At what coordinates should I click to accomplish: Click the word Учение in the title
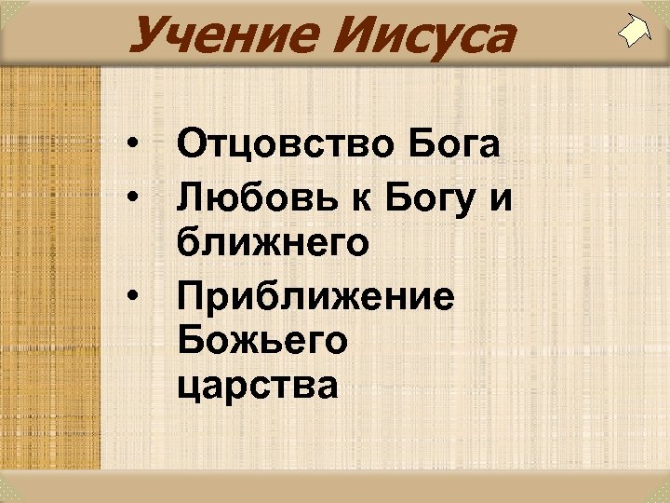pyautogui.click(x=208, y=37)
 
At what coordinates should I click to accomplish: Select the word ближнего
pyautogui.click(x=272, y=245)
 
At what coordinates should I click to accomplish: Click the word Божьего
pyautogui.click(x=261, y=340)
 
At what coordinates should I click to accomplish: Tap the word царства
pyautogui.click(x=258, y=385)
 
